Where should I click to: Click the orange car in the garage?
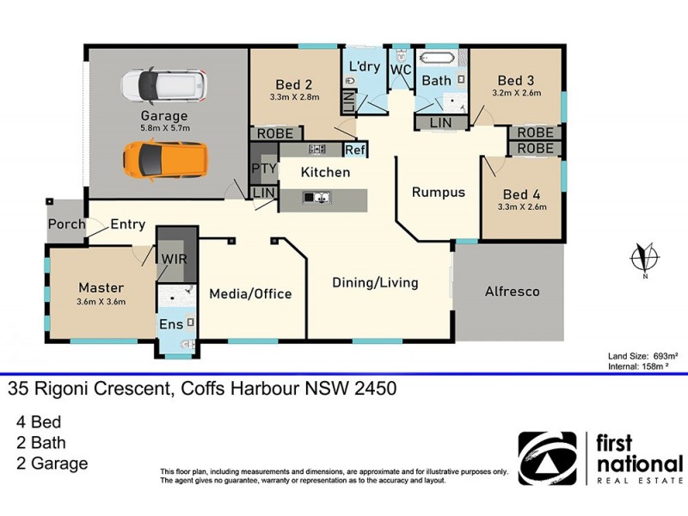(x=164, y=158)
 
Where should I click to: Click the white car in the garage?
(x=163, y=84)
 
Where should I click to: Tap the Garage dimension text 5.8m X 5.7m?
(x=164, y=128)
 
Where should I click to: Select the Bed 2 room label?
(x=293, y=84)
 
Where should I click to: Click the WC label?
(x=400, y=68)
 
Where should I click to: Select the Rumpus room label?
(x=438, y=192)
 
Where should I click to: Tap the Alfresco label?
(x=512, y=292)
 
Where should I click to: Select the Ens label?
(x=170, y=325)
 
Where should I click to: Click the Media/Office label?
(x=250, y=294)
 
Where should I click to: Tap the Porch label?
(x=66, y=224)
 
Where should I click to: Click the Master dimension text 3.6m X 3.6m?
(x=101, y=302)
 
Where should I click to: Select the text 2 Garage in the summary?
(x=52, y=464)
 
